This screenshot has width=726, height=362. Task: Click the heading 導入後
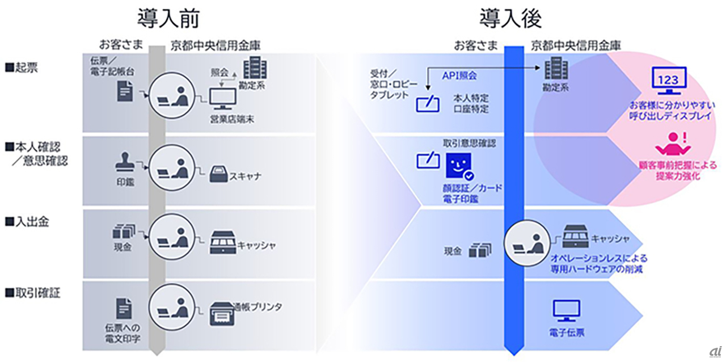coord(510,19)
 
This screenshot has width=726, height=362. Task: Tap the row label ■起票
coord(23,68)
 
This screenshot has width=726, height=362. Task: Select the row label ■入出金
coord(27,221)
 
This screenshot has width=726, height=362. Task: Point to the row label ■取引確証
coord(33,293)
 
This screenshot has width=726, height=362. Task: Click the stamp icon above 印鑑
coord(125,161)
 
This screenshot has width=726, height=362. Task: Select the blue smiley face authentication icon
coord(458,166)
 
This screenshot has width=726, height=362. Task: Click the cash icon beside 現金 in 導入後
coord(480,250)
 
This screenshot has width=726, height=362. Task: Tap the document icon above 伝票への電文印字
coord(123,309)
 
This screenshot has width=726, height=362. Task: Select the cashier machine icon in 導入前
coord(222,242)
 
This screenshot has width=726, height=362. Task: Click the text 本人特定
coord(471,98)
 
